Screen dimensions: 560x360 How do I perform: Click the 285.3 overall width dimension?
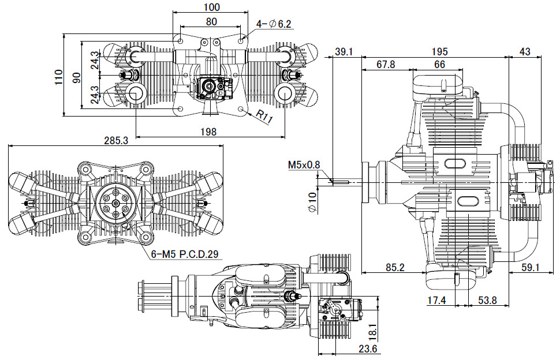coord(116,140)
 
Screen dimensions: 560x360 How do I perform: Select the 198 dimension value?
coord(208,132)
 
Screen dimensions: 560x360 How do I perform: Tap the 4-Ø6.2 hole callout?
coord(274,24)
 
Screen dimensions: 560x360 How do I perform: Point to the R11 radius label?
coord(264,117)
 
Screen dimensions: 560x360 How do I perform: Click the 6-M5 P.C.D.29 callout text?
coord(185,254)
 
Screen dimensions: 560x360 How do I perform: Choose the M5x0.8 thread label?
coord(304,164)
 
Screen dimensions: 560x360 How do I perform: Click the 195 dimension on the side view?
coord(439,51)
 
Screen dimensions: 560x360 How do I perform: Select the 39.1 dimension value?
coord(344,51)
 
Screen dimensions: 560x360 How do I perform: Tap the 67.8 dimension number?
coord(386,64)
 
